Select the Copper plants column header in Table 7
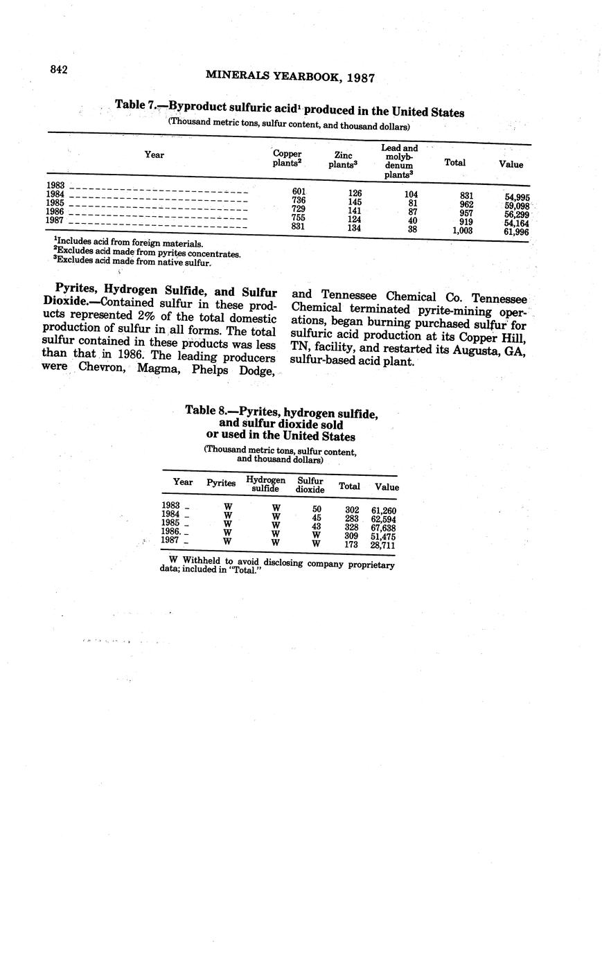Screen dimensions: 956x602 coord(286,158)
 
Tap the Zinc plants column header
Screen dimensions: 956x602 coord(342,160)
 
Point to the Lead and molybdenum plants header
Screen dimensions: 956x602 coord(399,161)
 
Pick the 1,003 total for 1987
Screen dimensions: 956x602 coord(461,230)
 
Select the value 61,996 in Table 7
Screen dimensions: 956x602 coord(517,232)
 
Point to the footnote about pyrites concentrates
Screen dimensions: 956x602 coord(147,254)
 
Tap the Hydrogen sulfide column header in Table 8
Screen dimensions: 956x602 coord(266,484)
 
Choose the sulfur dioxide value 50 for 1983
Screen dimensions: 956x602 coord(316,509)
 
